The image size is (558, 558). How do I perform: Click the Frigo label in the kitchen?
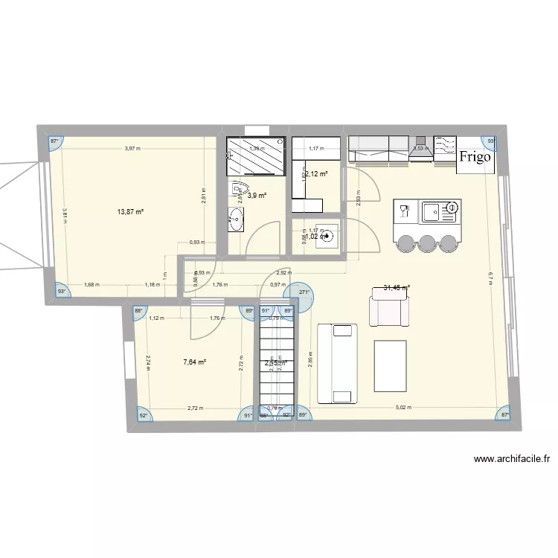[475, 157]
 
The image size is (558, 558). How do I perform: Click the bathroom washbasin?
[237, 219]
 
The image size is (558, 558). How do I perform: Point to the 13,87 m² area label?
[130, 212]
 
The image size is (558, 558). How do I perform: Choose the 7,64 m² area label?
[194, 362]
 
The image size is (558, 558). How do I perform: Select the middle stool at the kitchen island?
[427, 243]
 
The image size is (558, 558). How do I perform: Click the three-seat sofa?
[339, 362]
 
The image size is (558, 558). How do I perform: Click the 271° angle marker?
[304, 293]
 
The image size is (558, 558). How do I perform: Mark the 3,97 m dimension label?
[132, 149]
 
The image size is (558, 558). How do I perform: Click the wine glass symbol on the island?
[405, 211]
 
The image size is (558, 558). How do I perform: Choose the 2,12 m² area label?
[317, 174]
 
